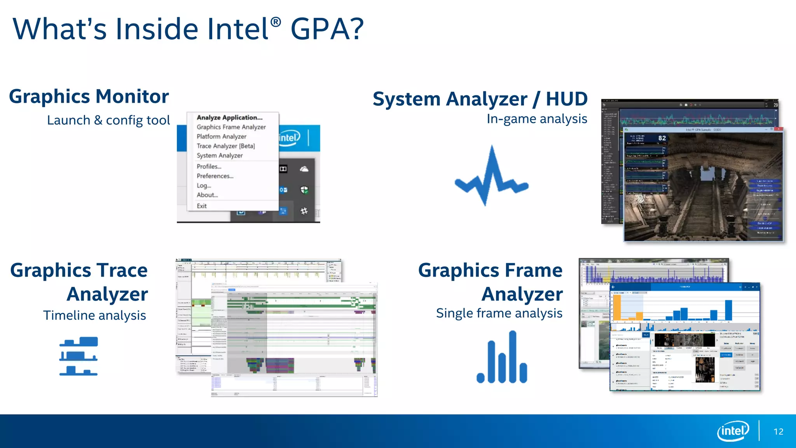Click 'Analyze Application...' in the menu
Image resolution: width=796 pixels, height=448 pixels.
(229, 117)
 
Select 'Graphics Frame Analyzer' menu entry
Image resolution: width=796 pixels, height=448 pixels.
(231, 127)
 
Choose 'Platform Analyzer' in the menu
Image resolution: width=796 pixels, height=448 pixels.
(221, 136)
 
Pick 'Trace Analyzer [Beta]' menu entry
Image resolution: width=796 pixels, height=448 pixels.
(225, 146)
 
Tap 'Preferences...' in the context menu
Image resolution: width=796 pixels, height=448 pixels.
(215, 176)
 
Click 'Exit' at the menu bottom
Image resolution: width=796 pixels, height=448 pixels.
(201, 206)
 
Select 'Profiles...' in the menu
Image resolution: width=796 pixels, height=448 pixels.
(209, 166)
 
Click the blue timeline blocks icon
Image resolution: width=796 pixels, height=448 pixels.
(79, 356)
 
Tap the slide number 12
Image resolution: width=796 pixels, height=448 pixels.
(778, 432)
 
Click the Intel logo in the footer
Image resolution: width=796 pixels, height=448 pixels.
(733, 431)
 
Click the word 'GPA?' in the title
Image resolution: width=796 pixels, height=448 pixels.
(327, 29)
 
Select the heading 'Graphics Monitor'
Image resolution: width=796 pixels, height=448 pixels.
(89, 96)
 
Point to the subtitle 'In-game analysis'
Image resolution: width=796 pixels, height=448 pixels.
(536, 119)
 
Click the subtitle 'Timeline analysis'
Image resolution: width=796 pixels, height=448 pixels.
(94, 315)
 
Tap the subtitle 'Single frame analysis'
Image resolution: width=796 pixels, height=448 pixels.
(499, 313)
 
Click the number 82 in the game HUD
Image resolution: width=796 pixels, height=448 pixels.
(662, 138)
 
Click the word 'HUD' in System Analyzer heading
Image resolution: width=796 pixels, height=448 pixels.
(567, 99)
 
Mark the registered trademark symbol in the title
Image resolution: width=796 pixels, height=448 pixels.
(275, 22)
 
